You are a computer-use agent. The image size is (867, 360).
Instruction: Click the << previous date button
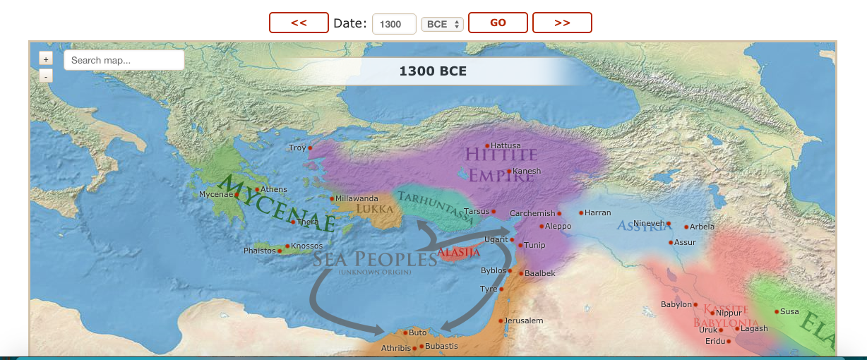pyautogui.click(x=299, y=23)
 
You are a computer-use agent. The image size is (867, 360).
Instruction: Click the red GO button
pyautogui.click(x=498, y=23)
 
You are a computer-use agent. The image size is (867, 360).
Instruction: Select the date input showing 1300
pyautogui.click(x=393, y=24)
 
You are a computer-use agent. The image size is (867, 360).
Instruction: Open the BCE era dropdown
pyautogui.click(x=442, y=24)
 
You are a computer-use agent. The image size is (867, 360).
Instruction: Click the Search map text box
pyautogui.click(x=124, y=60)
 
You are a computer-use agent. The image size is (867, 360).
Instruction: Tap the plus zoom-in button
pyautogui.click(x=46, y=60)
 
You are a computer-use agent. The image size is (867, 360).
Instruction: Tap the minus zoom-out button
pyautogui.click(x=46, y=76)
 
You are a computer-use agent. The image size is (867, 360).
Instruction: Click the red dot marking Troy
pyautogui.click(x=310, y=148)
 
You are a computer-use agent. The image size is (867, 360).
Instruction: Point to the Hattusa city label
pyautogui.click(x=506, y=145)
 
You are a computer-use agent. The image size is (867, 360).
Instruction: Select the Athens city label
pyautogui.click(x=275, y=189)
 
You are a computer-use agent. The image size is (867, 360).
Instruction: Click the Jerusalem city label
pyautogui.click(x=524, y=320)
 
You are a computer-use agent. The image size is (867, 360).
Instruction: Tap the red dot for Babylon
pyautogui.click(x=695, y=305)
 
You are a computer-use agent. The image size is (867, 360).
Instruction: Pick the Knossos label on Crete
pyautogui.click(x=306, y=246)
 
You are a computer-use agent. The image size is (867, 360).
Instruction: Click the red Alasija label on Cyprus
pyautogui.click(x=459, y=252)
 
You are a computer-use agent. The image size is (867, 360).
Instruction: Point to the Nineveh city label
pyautogui.click(x=649, y=223)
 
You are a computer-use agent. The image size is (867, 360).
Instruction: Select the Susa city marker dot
pyautogui.click(x=776, y=311)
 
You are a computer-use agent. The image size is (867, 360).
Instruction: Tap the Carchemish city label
pyautogui.click(x=532, y=213)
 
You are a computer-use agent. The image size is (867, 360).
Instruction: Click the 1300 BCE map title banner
pyautogui.click(x=433, y=71)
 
